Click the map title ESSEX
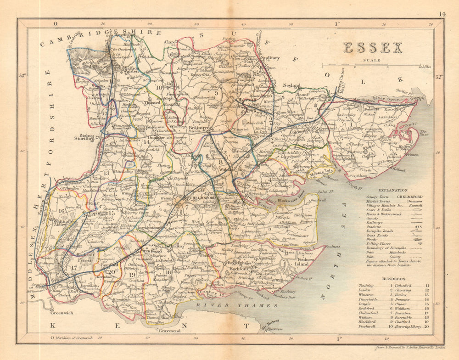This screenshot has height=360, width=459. [x=373, y=48]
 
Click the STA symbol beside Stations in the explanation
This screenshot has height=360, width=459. [x=418, y=226]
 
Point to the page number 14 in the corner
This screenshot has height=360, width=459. [x=441, y=14]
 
